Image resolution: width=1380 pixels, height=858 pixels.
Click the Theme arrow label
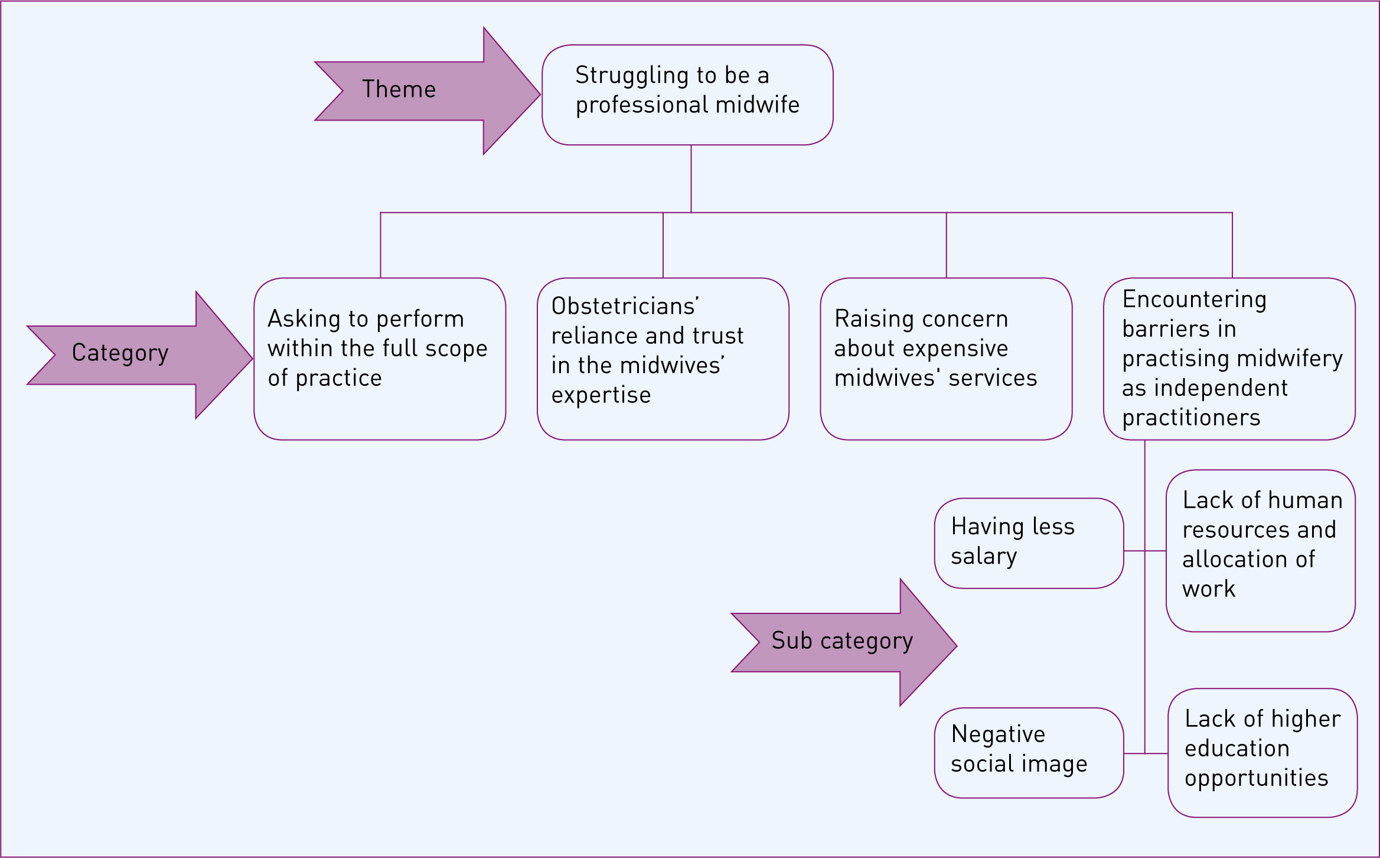[x=399, y=89]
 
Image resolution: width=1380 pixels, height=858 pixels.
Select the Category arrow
[x=141, y=355]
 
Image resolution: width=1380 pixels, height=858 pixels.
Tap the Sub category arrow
[x=844, y=642]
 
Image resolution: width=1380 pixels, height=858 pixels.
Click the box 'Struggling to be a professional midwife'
[x=687, y=95]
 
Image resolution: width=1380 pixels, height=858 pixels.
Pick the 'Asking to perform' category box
[x=380, y=359]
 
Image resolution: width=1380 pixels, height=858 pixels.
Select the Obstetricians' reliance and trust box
[x=663, y=359]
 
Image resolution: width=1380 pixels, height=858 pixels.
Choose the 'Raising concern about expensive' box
[x=946, y=359]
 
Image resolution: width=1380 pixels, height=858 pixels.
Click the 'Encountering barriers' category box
[x=1229, y=359]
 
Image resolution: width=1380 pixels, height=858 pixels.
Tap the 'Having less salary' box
[x=1029, y=543]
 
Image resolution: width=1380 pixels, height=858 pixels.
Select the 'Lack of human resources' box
[x=1261, y=551]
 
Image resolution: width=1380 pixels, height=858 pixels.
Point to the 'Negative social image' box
[x=1029, y=753]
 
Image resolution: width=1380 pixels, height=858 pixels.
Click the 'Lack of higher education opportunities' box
[x=1262, y=753]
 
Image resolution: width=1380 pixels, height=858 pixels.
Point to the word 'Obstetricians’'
[x=625, y=306]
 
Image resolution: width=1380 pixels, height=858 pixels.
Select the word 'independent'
[x=1221, y=388]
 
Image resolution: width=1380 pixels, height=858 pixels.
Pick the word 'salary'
[x=984, y=557]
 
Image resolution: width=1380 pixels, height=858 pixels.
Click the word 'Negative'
[x=998, y=734]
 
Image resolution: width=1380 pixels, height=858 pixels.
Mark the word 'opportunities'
[x=1256, y=778]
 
